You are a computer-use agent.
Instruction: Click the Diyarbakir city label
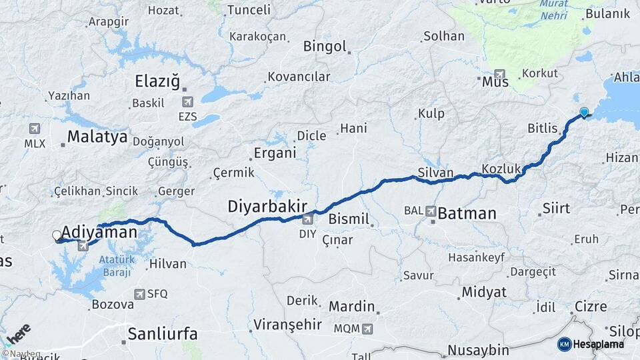tap(267, 207)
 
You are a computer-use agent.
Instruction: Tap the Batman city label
tap(467, 214)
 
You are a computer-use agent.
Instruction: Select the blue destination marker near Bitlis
tap(584, 113)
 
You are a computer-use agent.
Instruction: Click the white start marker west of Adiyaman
tap(57, 235)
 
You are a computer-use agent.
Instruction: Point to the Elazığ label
tap(157, 82)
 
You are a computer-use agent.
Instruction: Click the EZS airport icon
tap(187, 101)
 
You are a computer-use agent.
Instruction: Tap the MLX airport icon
tap(35, 129)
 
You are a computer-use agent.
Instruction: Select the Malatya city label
tap(97, 138)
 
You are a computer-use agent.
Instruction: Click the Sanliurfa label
tap(164, 333)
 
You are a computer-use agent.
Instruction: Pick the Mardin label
tap(352, 307)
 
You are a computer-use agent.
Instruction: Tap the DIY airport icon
tap(307, 219)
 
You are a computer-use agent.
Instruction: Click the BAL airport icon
tap(431, 211)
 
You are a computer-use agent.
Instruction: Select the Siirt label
tap(556, 209)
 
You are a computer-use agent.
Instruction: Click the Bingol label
tap(325, 47)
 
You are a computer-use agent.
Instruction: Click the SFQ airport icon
tap(139, 293)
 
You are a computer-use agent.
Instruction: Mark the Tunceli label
tap(249, 10)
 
